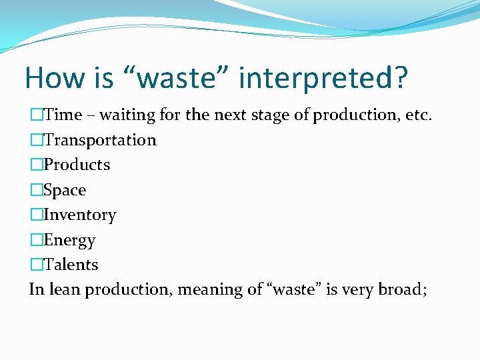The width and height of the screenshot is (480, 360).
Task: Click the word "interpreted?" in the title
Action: click(323, 78)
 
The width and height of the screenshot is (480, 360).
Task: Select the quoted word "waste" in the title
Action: click(176, 78)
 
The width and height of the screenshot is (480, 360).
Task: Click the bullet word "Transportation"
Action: click(100, 140)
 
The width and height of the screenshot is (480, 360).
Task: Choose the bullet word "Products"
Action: click(77, 165)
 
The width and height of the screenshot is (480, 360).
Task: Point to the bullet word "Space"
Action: click(65, 190)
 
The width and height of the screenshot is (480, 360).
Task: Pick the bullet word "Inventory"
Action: click(79, 215)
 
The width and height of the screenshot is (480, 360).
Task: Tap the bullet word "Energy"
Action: click(69, 240)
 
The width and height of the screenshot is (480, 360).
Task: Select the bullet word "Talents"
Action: click(71, 265)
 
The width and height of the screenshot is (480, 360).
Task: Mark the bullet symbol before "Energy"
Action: click(36, 240)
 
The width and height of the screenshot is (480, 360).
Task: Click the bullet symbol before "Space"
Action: click(36, 190)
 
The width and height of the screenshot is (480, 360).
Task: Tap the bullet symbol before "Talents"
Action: click(36, 265)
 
